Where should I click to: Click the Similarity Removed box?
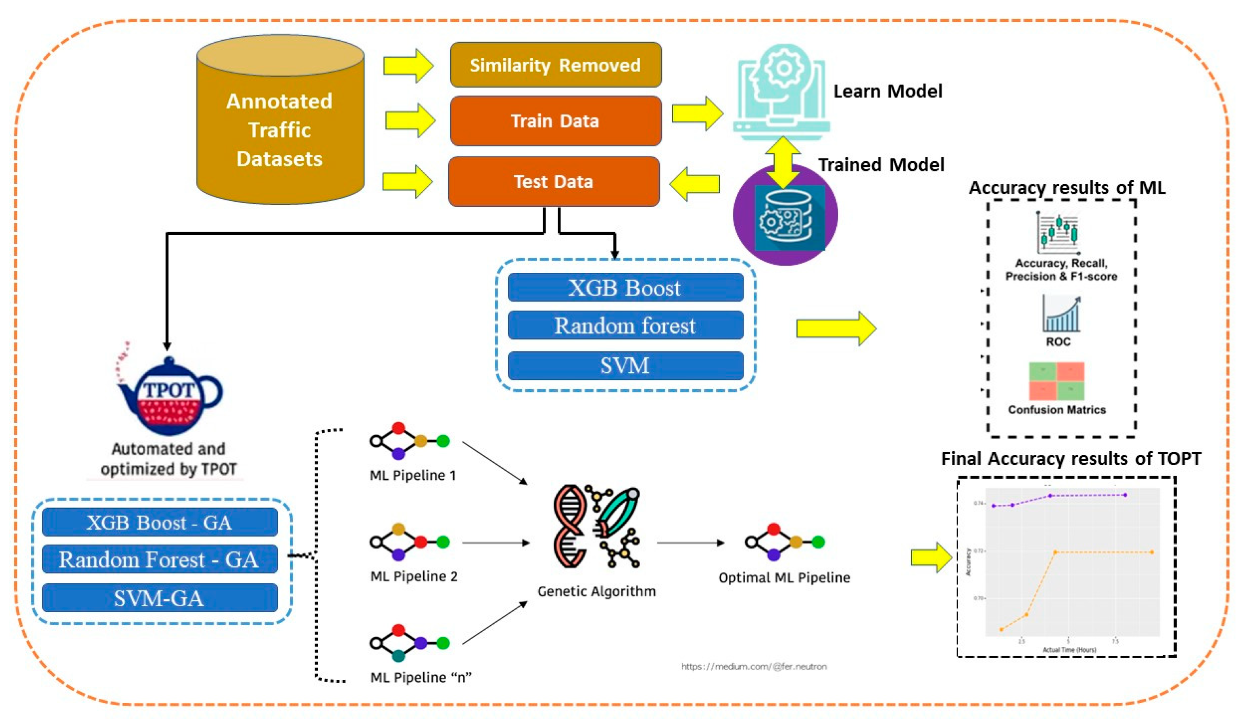(555, 65)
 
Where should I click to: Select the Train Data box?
(555, 121)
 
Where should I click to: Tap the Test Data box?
(553, 182)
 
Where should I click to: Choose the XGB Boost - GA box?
(159, 522)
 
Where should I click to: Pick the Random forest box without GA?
(625, 325)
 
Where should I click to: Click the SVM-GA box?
(159, 598)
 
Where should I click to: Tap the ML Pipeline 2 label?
(414, 577)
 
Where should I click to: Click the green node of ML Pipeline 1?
(443, 440)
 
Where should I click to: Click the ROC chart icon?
(1061, 314)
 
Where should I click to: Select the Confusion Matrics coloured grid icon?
(1056, 381)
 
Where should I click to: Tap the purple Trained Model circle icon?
(785, 216)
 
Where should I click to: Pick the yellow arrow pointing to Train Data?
(410, 120)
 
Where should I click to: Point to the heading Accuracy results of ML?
(1066, 188)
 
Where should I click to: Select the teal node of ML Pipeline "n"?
(398, 656)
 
